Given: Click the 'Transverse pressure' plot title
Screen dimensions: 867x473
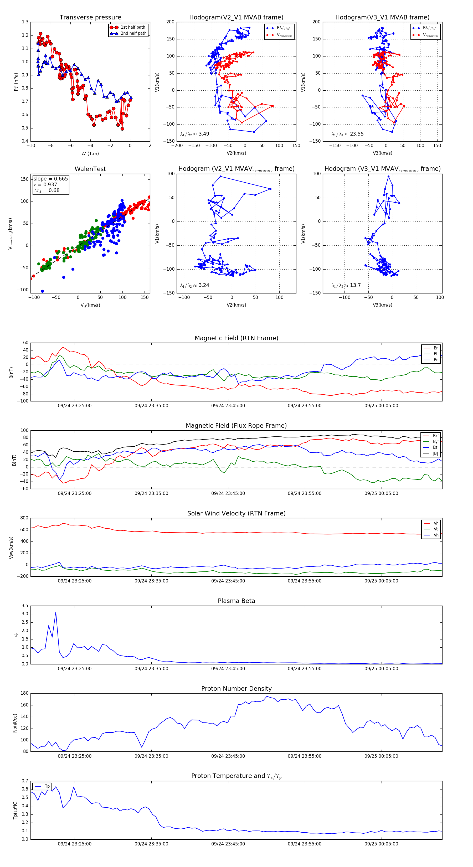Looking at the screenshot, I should click(x=90, y=18).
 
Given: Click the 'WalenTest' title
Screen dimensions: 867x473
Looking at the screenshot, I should click(x=90, y=169).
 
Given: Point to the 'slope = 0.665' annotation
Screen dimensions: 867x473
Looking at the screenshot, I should click(x=50, y=179).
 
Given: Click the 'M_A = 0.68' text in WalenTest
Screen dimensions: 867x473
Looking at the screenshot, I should click(x=47, y=190).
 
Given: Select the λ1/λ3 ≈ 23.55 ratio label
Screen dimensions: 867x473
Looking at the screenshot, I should click(x=347, y=134).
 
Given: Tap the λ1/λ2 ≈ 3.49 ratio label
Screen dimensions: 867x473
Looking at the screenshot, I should click(x=194, y=134).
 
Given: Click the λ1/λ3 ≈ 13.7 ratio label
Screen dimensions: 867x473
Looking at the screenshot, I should click(x=346, y=285).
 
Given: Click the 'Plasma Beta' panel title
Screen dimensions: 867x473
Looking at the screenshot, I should click(x=236, y=601).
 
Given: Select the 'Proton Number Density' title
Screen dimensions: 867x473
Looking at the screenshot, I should click(x=236, y=689).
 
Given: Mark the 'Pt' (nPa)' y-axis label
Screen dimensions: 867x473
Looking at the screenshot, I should click(x=16, y=82).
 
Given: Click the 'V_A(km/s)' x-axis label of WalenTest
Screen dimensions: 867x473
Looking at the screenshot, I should click(x=90, y=305).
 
